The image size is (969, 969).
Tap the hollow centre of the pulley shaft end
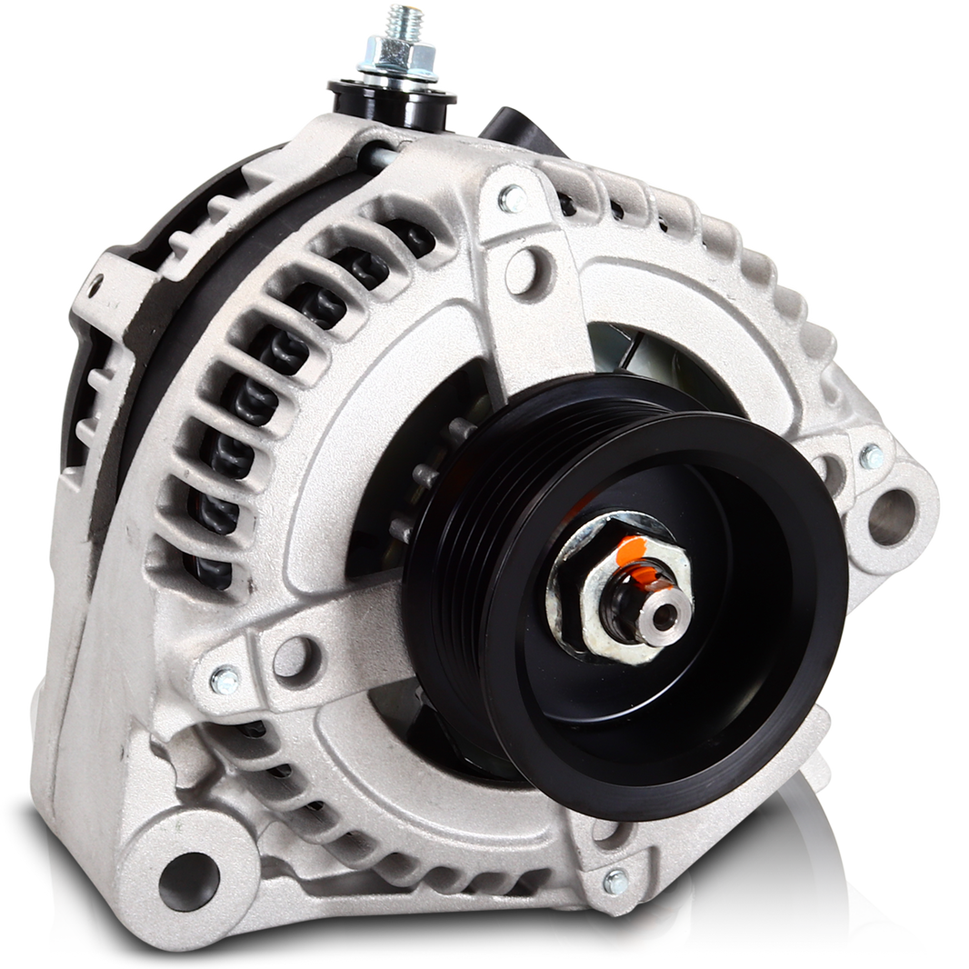[x=670, y=614]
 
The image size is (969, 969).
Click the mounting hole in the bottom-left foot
[x=185, y=872]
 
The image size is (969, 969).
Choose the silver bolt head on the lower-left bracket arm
[x=224, y=678]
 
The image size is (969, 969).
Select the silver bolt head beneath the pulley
[x=616, y=880]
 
